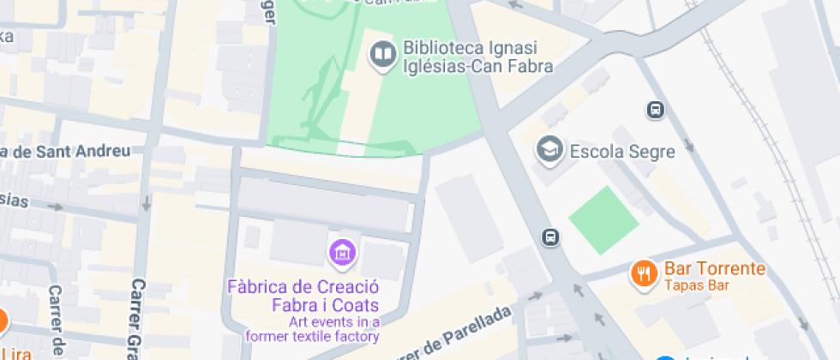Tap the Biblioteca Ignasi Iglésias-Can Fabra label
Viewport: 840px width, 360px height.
tap(477, 56)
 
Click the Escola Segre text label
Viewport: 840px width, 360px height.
tap(621, 152)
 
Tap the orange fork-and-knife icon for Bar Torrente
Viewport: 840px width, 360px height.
tap(642, 273)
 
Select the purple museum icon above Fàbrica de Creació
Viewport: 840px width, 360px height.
tap(342, 252)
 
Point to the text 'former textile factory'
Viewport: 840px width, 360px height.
tap(312, 336)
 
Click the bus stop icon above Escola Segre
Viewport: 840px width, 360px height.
tap(655, 110)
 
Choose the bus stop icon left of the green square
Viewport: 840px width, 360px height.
tap(550, 237)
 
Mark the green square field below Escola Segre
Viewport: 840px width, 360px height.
tap(603, 220)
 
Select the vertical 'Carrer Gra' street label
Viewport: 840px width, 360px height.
tap(136, 317)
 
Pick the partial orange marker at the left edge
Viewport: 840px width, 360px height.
tap(3, 322)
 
